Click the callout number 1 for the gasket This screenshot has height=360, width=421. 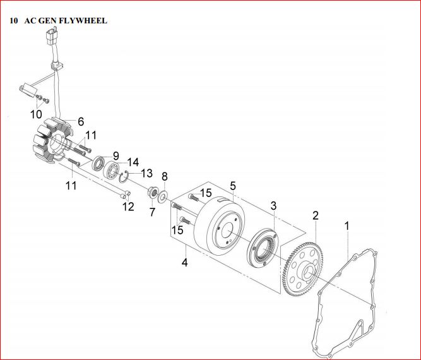346,225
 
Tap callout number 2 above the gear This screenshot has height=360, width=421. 315,215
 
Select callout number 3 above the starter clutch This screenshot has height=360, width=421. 274,206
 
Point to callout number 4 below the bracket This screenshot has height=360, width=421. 185,261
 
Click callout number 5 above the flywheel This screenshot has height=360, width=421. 233,186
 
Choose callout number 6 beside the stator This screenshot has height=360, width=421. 81,121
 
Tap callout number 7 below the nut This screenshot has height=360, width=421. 152,213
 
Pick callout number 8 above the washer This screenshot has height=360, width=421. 165,176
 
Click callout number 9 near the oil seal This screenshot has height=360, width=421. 116,155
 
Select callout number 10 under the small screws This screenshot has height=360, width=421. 36,114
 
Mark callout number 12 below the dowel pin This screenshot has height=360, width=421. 128,206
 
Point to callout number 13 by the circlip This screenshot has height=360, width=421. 146,172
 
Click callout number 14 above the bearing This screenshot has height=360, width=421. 133,161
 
